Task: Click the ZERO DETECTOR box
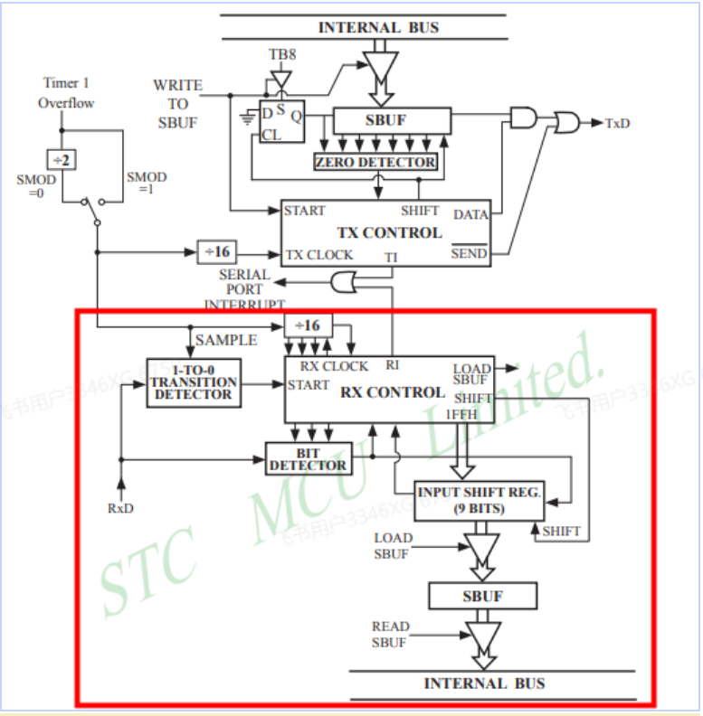coord(375,162)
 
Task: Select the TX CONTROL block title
coord(390,232)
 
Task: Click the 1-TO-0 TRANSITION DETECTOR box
coord(195,382)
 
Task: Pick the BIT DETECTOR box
coord(308,457)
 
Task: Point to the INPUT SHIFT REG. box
coord(479,500)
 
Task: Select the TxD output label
coord(618,123)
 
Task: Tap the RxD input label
coord(120,508)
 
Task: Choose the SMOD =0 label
coord(36,185)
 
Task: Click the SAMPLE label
coord(226,340)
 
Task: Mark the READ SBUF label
coord(391,634)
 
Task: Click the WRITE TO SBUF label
coord(177,103)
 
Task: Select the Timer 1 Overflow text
coord(66,93)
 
